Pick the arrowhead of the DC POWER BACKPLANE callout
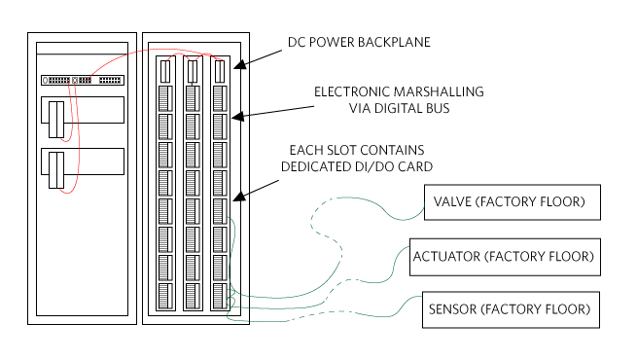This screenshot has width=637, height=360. click(239, 64)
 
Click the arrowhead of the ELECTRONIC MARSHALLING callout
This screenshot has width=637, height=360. click(237, 117)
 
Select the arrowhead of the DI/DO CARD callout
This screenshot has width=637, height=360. click(239, 197)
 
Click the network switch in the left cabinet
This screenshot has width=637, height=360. click(83, 81)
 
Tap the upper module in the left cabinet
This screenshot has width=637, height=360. click(83, 110)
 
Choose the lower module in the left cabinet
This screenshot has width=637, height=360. click(83, 162)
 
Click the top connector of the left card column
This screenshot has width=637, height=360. click(165, 71)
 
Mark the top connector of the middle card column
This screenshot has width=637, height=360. click(193, 71)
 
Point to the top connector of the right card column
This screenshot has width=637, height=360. click(220, 71)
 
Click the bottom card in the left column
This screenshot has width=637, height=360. click(165, 296)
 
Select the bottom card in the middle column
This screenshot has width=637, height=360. click(193, 296)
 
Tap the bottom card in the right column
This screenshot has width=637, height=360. click(220, 296)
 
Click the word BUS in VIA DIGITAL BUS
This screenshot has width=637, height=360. click(438, 109)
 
